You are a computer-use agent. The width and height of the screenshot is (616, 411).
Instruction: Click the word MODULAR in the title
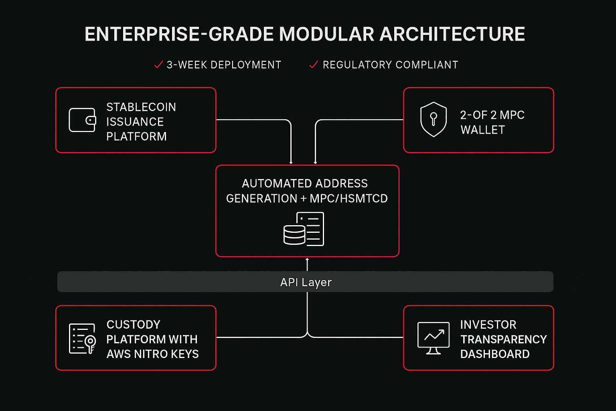(x=327, y=35)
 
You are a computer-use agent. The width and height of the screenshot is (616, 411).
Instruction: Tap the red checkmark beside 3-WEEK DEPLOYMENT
(x=158, y=65)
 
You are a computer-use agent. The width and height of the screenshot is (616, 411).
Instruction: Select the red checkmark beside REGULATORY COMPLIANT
(x=314, y=65)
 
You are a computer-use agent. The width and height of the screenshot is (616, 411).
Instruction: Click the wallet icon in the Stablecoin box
(x=82, y=120)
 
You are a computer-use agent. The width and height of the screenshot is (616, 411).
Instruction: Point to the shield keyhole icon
(x=433, y=120)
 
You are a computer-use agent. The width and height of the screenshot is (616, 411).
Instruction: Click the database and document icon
(x=304, y=229)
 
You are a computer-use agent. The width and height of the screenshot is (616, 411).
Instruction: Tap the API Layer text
(x=306, y=282)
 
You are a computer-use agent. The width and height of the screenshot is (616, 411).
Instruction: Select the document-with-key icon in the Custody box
(x=82, y=339)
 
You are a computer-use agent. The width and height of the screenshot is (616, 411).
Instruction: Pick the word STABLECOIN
(x=141, y=107)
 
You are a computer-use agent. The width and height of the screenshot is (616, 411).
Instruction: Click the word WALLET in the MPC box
(x=482, y=130)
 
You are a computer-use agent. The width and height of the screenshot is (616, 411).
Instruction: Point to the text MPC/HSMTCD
(x=349, y=199)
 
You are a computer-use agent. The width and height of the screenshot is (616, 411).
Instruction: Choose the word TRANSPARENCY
(x=503, y=340)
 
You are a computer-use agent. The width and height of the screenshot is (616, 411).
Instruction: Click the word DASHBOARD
(x=494, y=354)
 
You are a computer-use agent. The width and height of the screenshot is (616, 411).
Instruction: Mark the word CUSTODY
(x=133, y=325)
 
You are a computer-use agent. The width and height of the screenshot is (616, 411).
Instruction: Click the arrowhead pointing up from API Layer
(x=307, y=260)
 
